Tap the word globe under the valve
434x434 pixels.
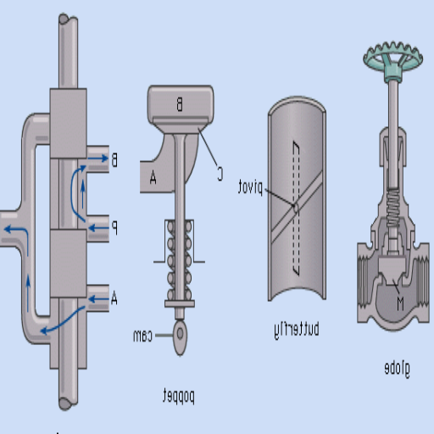click(x=397, y=368)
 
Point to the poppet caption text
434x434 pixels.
click(x=179, y=395)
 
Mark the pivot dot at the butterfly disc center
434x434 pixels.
click(x=294, y=205)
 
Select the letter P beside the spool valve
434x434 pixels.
click(x=114, y=227)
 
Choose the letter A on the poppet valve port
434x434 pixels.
click(x=153, y=177)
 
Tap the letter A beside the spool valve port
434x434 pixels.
click(x=114, y=298)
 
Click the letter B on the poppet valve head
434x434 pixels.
click(x=179, y=104)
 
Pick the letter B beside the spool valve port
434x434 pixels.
click(x=114, y=159)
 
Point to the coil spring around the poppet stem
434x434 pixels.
click(x=179, y=254)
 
